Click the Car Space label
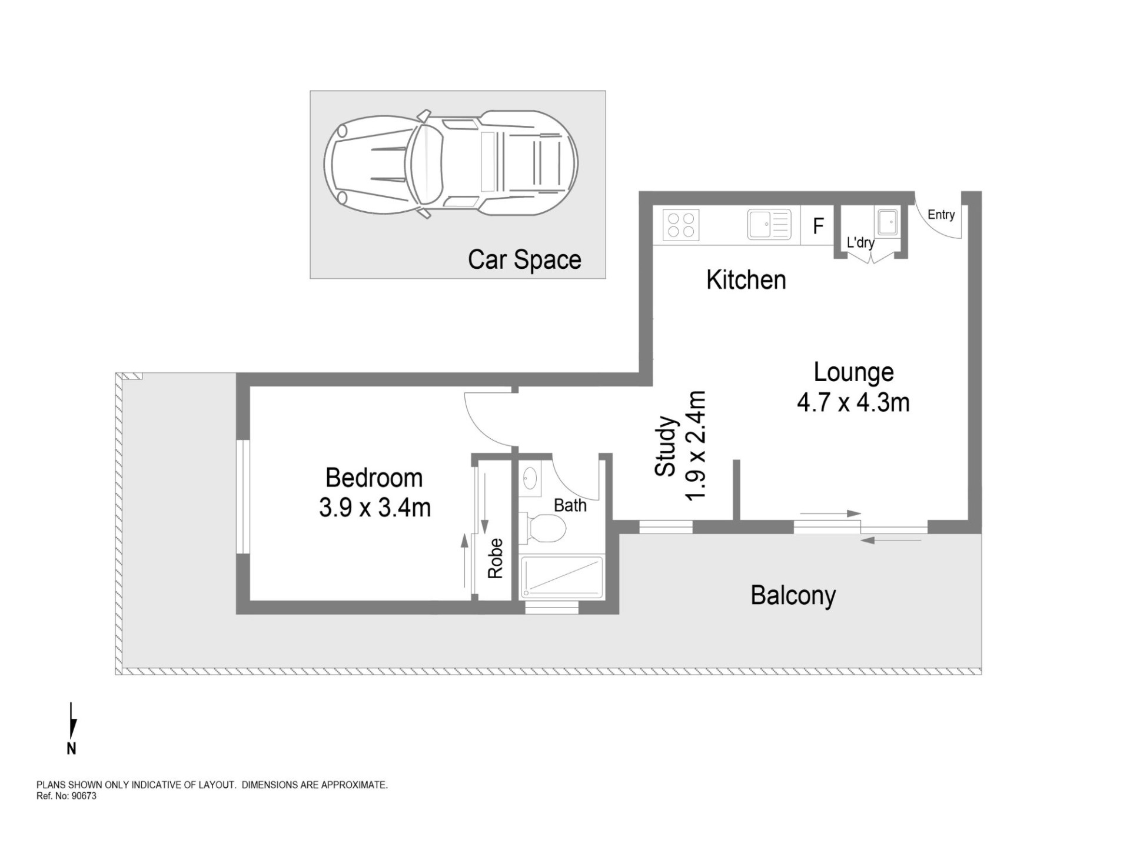point(524,260)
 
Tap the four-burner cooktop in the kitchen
point(681,225)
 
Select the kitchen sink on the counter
point(769,225)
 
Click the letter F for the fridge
point(818,226)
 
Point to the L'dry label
point(860,242)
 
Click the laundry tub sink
point(888,222)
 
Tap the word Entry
point(941,215)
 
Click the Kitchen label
point(746,280)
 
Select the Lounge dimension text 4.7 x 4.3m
point(853,403)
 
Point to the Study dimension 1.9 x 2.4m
point(696,446)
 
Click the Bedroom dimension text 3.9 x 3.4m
point(375,508)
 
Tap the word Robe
point(496,558)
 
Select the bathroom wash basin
point(530,478)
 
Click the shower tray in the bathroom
point(562,577)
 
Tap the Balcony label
point(793,595)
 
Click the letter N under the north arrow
point(71,749)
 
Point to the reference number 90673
point(84,796)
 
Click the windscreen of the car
point(426,164)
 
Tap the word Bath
point(570,505)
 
